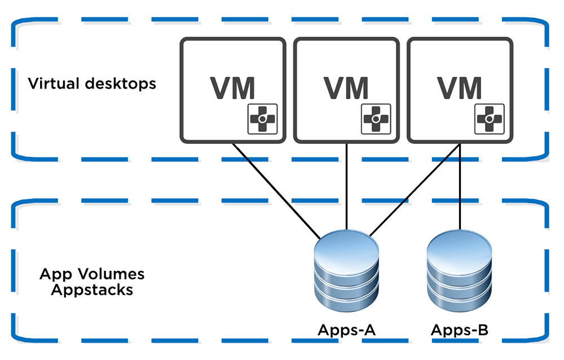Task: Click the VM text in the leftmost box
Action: tap(232, 87)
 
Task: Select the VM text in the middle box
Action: tap(346, 87)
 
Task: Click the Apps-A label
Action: tap(347, 330)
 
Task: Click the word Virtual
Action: tap(50, 84)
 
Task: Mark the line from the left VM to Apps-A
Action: tap(276, 189)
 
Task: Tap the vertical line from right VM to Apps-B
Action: tap(460, 186)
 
